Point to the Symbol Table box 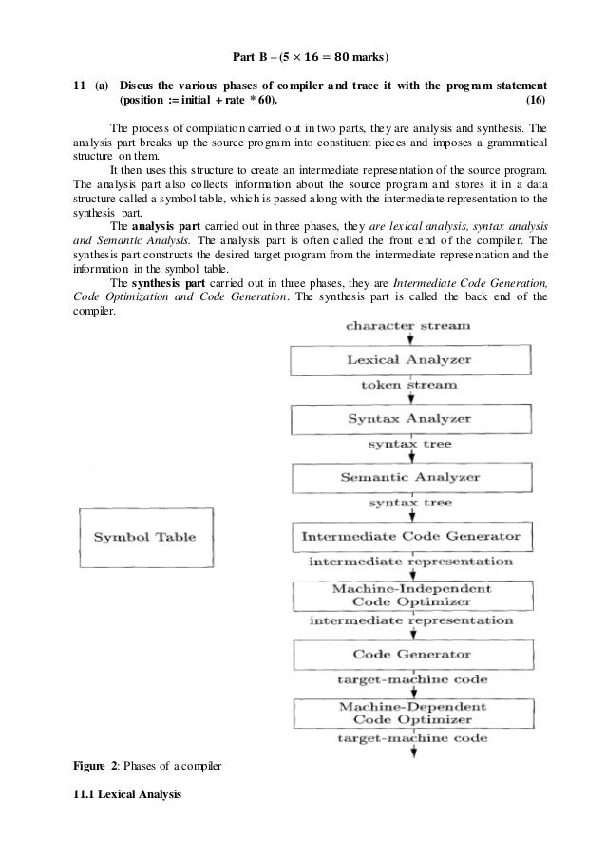coord(144,538)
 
